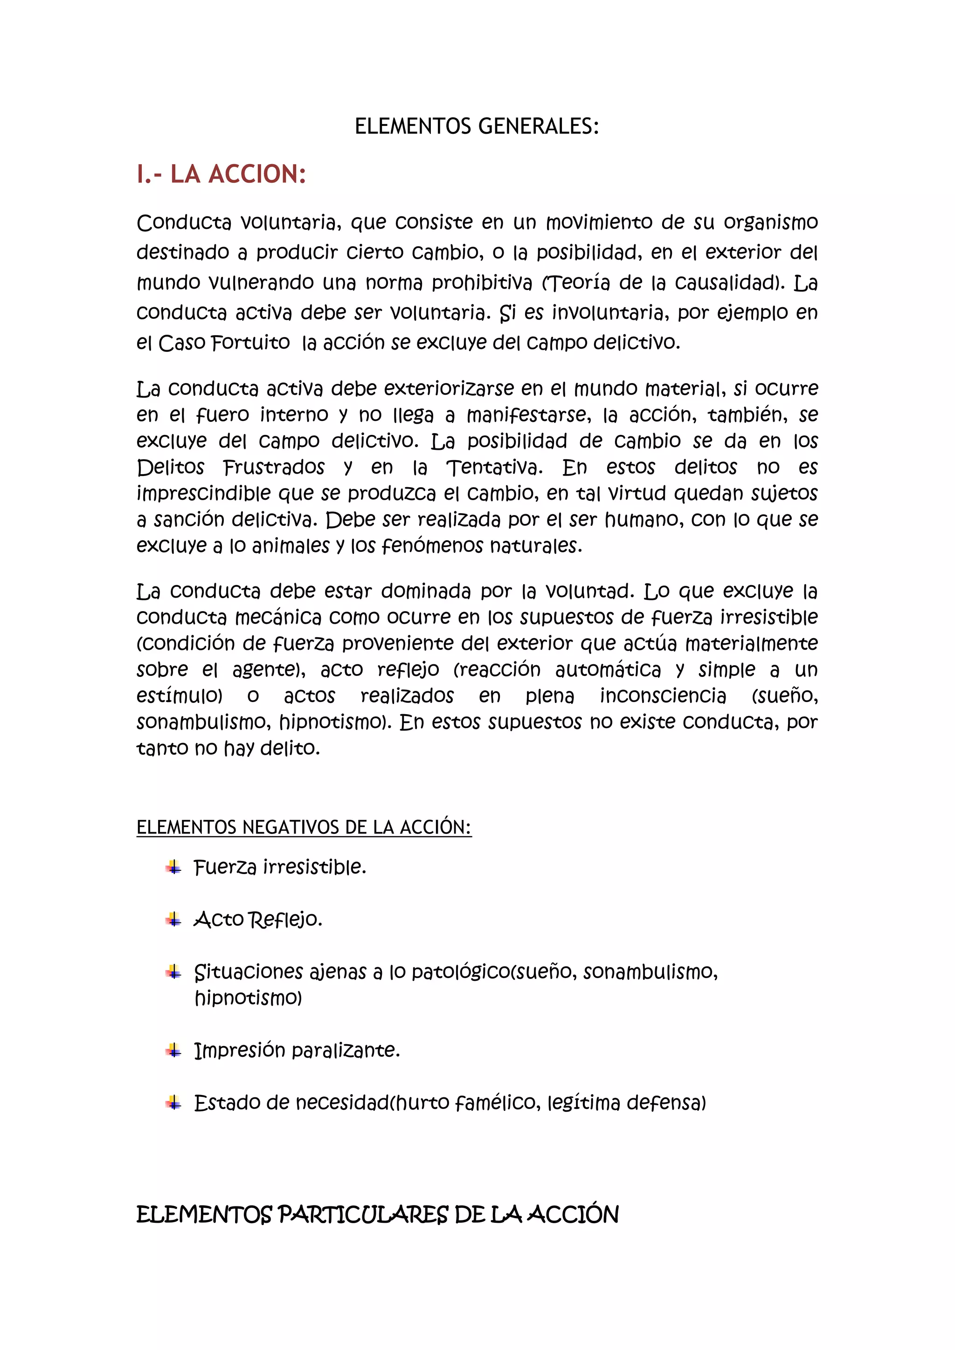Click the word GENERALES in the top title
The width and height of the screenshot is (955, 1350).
538,126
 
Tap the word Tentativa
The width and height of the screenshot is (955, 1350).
495,468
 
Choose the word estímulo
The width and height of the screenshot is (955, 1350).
180,696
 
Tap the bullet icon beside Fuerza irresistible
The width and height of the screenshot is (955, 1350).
173,867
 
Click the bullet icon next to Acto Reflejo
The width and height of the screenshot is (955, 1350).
173,919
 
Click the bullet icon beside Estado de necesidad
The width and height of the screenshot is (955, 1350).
173,1102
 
